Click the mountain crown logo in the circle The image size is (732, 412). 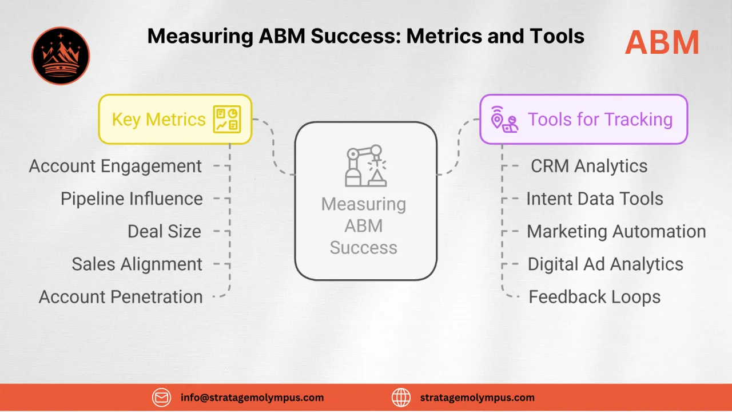(x=61, y=56)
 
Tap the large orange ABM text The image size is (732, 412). (x=662, y=43)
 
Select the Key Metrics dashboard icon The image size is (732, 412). (x=227, y=119)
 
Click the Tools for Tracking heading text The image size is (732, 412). (x=600, y=119)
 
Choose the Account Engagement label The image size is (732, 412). (x=116, y=166)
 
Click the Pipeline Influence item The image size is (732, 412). (x=132, y=199)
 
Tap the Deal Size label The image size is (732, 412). (x=164, y=231)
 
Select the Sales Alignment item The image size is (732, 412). (x=137, y=264)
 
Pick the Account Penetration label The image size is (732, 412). (x=121, y=296)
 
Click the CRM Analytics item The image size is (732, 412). (x=589, y=166)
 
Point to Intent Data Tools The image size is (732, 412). (x=595, y=199)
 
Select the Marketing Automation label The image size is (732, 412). (x=616, y=231)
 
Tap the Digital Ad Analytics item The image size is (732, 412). (x=605, y=264)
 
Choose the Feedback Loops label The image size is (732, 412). (x=594, y=296)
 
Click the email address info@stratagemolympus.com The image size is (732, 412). (x=252, y=397)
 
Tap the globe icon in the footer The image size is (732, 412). (x=401, y=397)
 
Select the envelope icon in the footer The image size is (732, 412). (x=162, y=397)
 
